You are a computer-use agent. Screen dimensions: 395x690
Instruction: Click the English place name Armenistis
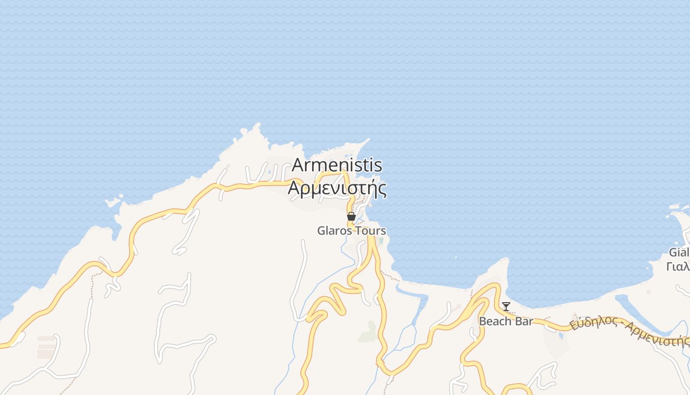point(337,164)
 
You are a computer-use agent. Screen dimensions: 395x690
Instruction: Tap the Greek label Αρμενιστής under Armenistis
point(337,188)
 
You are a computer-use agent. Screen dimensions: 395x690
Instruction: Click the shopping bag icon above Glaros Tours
point(351,216)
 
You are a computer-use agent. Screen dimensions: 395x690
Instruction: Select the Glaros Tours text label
point(351,231)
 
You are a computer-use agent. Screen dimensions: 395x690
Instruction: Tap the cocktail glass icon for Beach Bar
point(506,307)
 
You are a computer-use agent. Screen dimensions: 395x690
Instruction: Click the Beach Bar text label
point(506,321)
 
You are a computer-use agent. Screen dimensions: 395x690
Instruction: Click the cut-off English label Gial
point(679,252)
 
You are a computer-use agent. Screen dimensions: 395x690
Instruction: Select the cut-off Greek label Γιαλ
point(678,267)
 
